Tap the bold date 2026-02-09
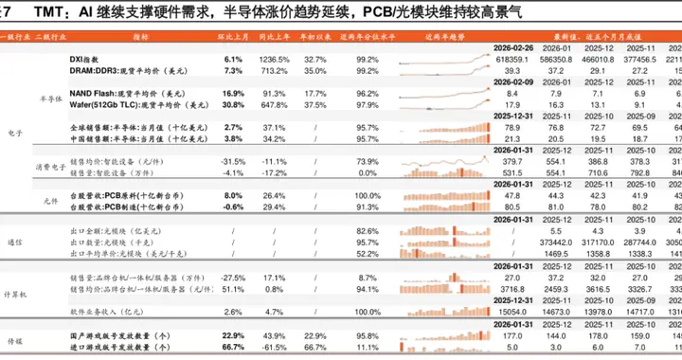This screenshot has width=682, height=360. click(x=520, y=82)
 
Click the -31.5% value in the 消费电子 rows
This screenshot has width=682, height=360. click(x=233, y=160)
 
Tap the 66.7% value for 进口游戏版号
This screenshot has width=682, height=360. click(x=233, y=347)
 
